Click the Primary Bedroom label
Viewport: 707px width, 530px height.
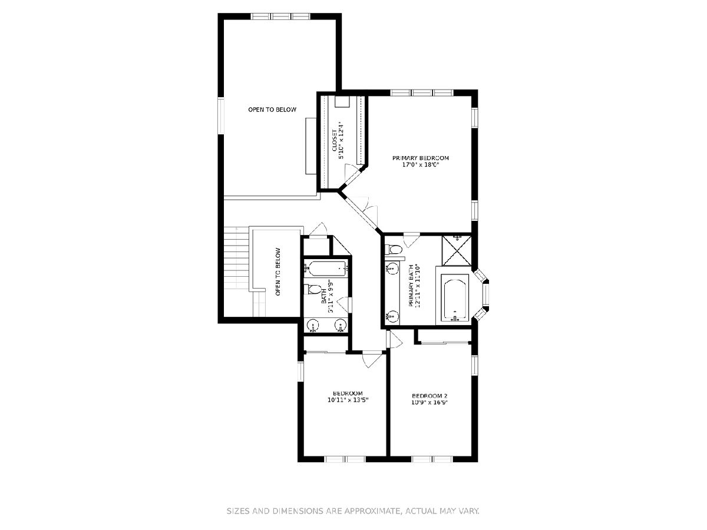pos(420,158)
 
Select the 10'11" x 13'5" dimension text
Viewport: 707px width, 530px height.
pos(348,400)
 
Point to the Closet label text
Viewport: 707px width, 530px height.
pos(334,141)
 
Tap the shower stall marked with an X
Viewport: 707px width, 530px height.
pos(457,251)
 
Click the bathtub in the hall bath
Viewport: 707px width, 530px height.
pos(326,269)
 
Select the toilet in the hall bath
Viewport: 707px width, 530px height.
pos(312,289)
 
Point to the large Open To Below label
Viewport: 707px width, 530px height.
pos(272,110)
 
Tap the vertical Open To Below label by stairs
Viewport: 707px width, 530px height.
pos(278,272)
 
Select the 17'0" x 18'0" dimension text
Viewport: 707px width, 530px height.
pos(421,165)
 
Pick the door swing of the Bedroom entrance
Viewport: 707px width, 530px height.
pos(373,360)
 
